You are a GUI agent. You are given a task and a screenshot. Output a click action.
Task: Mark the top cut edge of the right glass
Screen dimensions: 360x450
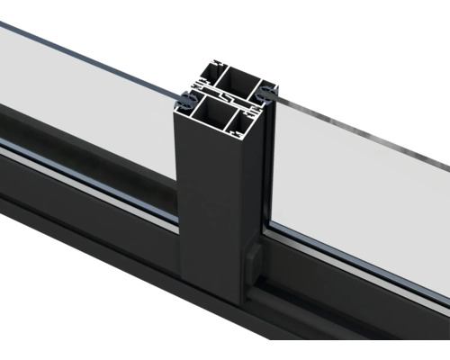pos(360,132)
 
